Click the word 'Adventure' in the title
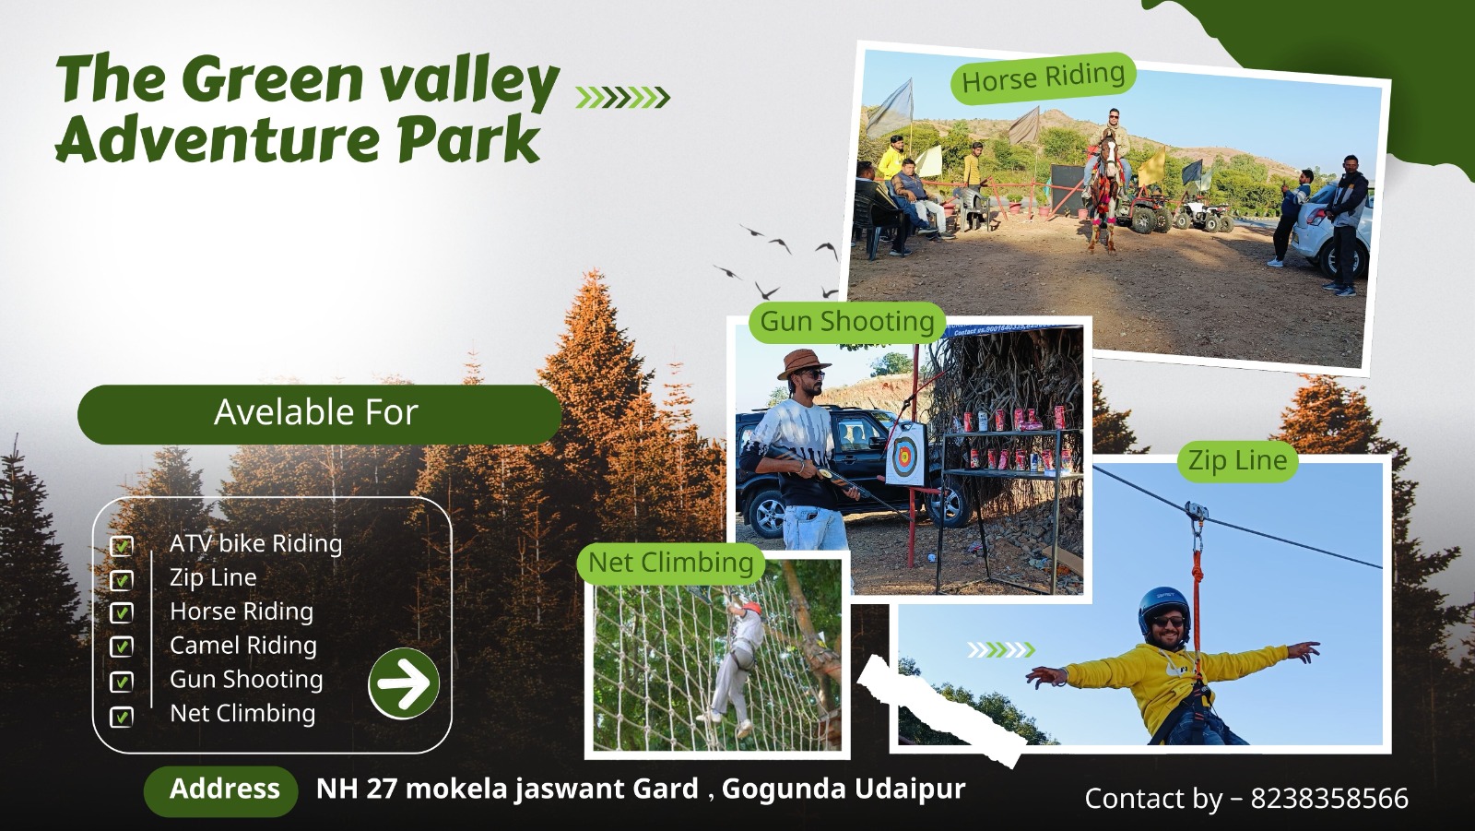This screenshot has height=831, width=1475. coord(218,138)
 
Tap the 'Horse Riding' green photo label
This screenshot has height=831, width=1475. coord(1044,78)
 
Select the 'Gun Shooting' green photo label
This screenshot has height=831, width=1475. coord(847,322)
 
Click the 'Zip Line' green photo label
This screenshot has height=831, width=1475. coord(1237,460)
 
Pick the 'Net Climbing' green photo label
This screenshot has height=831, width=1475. coord(670,563)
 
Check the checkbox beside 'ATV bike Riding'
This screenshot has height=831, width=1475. coord(121,546)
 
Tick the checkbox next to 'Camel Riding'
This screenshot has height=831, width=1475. coord(121,647)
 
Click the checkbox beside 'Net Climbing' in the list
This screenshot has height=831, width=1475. coord(121,717)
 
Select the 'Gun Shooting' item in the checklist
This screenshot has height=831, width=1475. coord(246,680)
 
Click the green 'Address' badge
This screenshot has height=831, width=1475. coord(221,790)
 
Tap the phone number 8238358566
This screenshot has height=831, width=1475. coord(1329,799)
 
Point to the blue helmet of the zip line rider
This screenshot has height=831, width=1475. coord(1163,608)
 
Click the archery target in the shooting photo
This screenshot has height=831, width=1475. coord(905,454)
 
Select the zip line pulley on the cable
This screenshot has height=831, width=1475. coord(1196,514)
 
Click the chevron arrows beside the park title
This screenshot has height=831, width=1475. coord(622,98)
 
